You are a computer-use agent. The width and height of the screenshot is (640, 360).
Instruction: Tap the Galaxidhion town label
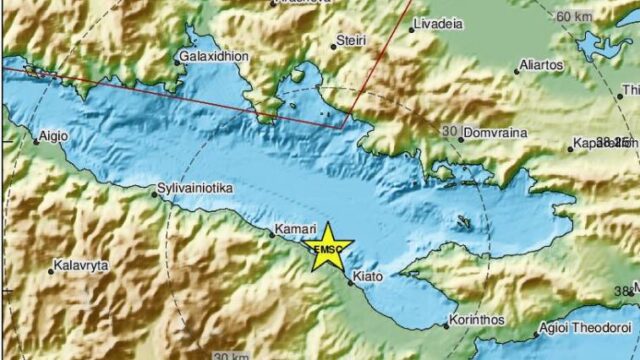click(x=214, y=58)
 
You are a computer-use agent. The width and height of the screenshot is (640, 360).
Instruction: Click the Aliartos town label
click(x=543, y=65)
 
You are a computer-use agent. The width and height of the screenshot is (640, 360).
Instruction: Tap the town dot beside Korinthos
click(x=446, y=325)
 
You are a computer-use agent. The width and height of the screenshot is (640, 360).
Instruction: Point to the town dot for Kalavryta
click(x=51, y=271)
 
